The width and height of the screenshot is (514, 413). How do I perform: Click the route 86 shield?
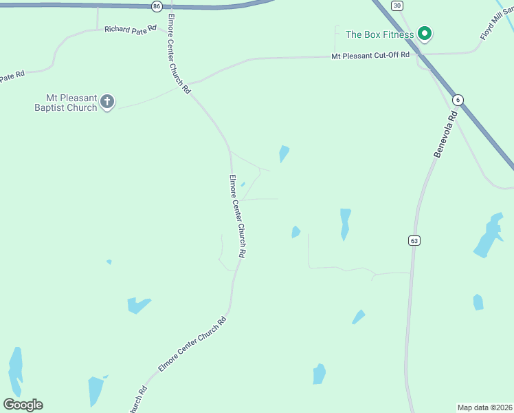tap(157, 6)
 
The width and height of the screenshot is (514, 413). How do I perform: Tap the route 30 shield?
tap(397, 6)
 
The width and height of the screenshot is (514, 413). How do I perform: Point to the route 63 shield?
tap(413, 240)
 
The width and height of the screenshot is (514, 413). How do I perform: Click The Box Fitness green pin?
tap(425, 33)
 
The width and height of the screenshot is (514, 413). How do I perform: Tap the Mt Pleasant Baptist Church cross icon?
tap(107, 102)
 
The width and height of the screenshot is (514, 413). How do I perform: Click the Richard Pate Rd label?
tap(131, 29)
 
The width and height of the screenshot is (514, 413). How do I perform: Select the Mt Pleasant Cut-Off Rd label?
tap(370, 55)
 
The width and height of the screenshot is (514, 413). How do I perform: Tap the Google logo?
tap(23, 405)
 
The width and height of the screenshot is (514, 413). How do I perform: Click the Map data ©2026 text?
tap(484, 407)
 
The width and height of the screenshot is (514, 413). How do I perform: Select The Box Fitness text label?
tap(379, 34)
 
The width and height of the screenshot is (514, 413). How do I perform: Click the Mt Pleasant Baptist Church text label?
tap(66, 103)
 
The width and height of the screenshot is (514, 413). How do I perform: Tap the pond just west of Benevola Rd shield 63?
tap(345, 223)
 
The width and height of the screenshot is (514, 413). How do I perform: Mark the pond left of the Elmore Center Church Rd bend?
tap(137, 304)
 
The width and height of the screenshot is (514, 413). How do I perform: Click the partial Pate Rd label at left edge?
tap(12, 76)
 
